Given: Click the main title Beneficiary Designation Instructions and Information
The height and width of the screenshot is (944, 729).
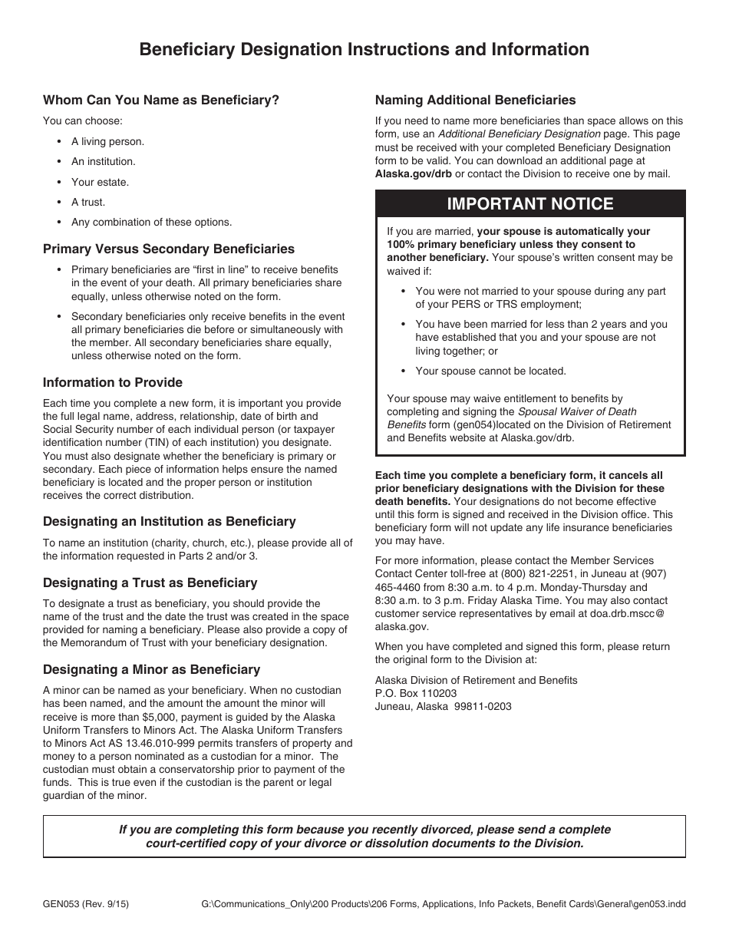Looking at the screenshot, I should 364,50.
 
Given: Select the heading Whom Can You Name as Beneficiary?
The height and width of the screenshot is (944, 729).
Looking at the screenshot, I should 161,100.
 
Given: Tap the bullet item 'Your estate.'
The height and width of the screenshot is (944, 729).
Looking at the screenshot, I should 100,182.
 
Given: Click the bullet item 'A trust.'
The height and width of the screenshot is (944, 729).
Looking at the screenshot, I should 88,202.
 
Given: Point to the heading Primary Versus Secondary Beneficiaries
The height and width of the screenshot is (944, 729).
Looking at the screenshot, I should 169,249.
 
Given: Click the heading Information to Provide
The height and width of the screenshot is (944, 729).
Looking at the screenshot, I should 113,382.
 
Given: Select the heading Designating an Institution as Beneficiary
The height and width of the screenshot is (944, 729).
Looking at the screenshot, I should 169,521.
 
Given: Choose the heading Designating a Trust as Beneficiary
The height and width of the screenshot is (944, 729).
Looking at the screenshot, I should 150,583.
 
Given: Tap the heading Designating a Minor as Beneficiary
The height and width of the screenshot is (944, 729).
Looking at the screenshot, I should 151,669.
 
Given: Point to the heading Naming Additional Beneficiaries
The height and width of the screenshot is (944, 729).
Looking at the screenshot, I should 475,100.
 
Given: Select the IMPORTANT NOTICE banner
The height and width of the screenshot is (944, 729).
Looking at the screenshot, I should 529,204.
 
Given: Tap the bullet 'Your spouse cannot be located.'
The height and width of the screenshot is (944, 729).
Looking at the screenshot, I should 490,371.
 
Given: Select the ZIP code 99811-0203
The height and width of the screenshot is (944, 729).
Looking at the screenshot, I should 483,706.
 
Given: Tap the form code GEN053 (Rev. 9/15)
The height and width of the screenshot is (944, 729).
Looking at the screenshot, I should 86,904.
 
